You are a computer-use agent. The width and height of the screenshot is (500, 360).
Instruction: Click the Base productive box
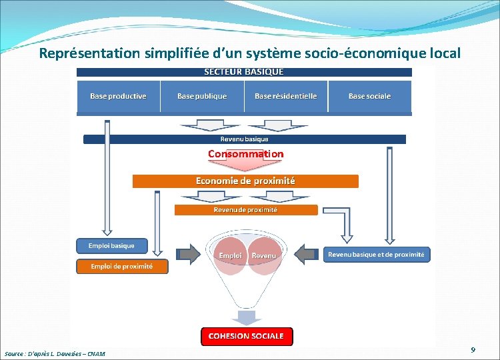coord(118,97)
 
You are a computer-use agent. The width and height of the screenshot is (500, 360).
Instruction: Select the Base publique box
coord(202,97)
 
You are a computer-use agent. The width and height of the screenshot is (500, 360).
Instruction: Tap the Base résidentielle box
coord(286,97)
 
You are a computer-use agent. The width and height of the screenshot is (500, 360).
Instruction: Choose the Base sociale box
coord(369,97)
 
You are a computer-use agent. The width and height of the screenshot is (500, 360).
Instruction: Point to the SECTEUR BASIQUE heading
coord(243,72)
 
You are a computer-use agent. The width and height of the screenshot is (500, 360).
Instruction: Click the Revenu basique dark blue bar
coord(244,139)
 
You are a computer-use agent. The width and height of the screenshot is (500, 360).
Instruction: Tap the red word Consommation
coord(245,154)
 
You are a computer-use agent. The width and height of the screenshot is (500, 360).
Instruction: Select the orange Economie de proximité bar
coord(245,181)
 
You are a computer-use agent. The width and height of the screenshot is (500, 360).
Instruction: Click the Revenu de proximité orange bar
coord(245,210)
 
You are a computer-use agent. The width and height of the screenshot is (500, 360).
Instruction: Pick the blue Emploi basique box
coord(111,246)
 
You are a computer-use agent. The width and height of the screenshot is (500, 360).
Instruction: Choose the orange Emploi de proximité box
coord(121,267)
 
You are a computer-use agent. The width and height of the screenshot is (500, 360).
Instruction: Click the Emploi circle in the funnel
coord(231,255)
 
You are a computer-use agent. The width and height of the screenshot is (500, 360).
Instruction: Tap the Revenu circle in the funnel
coord(264,255)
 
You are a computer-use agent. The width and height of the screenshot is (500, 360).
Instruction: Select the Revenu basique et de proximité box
coord(376,255)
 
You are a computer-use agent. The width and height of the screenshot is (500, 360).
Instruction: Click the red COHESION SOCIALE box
coord(246,336)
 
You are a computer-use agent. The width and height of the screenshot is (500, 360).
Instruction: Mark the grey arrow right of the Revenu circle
coord(306,254)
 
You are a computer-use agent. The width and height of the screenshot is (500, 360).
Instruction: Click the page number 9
coord(473,350)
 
